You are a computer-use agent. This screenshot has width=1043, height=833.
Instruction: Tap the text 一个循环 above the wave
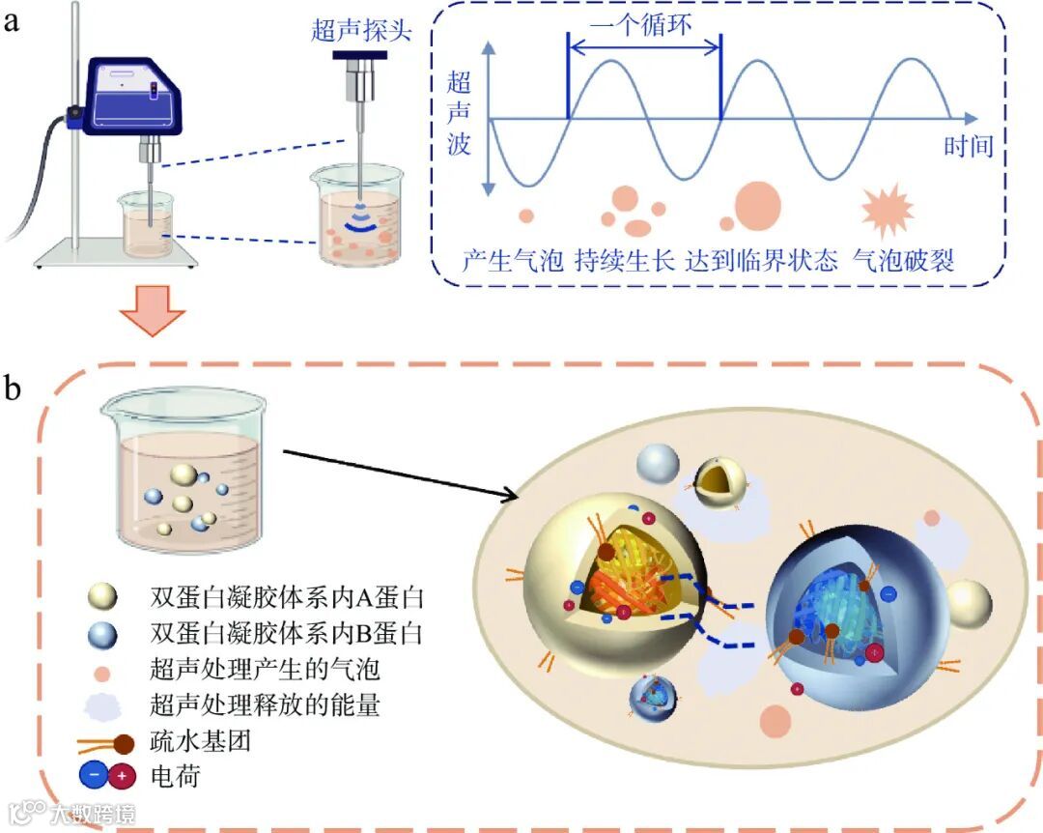point(641,25)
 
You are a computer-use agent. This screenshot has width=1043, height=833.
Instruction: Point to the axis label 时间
point(968,148)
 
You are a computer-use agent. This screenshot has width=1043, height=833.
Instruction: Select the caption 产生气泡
point(512,261)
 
